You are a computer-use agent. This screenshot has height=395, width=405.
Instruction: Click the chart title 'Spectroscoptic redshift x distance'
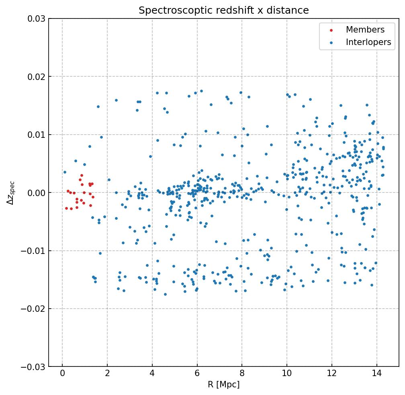(224, 10)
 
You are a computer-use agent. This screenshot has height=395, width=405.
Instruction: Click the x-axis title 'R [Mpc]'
(224, 385)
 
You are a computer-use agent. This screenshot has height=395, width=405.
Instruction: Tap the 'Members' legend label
(365, 30)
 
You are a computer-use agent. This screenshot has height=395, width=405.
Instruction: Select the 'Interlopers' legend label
(368, 42)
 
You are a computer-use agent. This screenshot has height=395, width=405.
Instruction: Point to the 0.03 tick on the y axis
(35, 19)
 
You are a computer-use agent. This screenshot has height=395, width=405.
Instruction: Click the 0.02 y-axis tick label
(35, 77)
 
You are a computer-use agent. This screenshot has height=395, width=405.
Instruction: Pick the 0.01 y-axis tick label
(35, 135)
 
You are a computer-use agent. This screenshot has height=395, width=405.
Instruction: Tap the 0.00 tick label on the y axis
(35, 193)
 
